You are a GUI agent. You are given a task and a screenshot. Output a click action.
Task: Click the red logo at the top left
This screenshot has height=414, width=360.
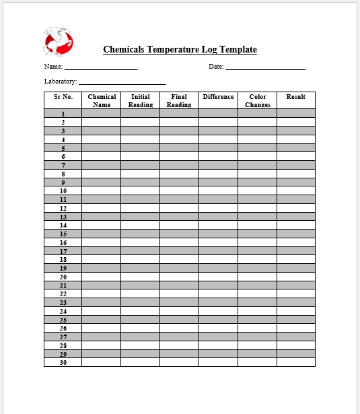[x=59, y=42]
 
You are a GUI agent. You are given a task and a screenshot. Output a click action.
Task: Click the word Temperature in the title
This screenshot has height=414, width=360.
[x=171, y=49]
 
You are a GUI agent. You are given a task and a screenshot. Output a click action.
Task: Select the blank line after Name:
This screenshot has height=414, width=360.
[x=101, y=67]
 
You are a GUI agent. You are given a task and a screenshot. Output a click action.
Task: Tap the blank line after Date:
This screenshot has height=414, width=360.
[x=265, y=67]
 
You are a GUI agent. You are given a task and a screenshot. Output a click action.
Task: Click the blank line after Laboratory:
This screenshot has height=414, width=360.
[x=122, y=82]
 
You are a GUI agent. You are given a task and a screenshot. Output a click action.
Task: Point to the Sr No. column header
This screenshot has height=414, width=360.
[x=63, y=97]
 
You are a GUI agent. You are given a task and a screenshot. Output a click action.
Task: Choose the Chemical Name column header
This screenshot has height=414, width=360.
[x=102, y=100]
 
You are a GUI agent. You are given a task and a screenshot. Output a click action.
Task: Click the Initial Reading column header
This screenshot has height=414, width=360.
[x=141, y=100]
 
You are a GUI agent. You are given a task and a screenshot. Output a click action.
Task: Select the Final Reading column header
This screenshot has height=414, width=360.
[x=179, y=100]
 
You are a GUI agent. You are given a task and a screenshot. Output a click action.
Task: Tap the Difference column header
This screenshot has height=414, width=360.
[x=218, y=97]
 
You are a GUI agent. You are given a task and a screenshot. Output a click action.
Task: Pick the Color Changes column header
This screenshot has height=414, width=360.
[x=257, y=100]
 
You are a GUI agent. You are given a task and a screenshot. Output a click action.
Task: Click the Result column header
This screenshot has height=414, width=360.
[x=296, y=97]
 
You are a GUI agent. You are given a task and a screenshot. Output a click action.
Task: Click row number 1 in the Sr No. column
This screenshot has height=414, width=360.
[x=63, y=114]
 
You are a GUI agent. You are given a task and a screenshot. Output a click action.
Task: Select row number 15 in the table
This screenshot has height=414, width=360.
[x=63, y=234]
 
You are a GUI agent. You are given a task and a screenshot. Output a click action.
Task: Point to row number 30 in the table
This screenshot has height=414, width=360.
[x=63, y=363]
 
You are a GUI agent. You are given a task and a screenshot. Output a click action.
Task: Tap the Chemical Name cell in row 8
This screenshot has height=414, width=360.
[x=102, y=174]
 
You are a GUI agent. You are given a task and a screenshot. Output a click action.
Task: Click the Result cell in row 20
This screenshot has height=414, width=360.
[x=296, y=277]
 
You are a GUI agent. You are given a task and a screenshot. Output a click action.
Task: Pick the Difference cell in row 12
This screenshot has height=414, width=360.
[x=218, y=208]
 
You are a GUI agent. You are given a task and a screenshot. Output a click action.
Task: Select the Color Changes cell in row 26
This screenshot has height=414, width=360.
[x=257, y=329]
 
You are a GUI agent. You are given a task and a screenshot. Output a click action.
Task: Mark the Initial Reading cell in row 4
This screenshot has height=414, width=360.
[x=141, y=139]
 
